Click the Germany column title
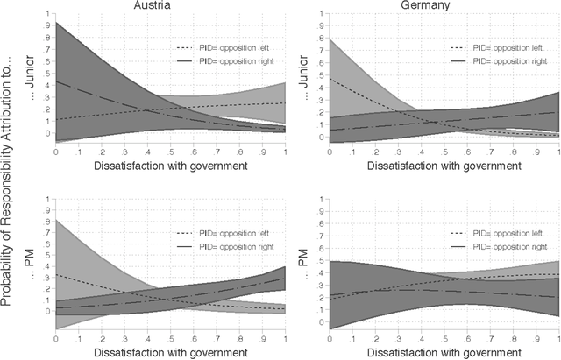(437, 5)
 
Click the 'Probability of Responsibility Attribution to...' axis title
(8, 180)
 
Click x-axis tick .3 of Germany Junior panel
(390, 151)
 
